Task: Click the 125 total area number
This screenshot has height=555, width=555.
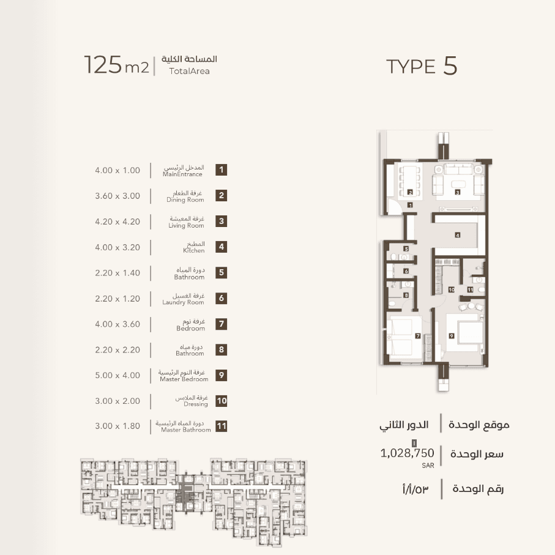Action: pos(103,65)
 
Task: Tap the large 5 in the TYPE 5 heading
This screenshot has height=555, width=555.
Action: pos(450,66)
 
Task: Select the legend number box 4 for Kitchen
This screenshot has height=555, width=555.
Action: pos(222,247)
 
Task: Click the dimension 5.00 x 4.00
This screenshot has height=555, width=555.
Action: pos(117,375)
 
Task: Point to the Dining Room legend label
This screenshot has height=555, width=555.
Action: pos(185,199)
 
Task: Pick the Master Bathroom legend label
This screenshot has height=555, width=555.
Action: pos(186,430)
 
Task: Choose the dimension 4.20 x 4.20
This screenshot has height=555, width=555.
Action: pos(117,222)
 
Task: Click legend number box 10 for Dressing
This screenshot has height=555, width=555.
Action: pos(222,401)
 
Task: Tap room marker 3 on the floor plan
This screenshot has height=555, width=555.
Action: pos(457,192)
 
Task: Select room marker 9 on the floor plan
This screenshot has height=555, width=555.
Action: pos(452,335)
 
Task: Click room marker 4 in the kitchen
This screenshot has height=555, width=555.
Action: pos(457,235)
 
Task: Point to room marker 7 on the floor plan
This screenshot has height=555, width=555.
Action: pos(418,335)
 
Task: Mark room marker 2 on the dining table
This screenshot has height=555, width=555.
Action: pos(410,192)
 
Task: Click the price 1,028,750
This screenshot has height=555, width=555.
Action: pos(407,453)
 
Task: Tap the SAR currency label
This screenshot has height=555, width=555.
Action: pos(428,466)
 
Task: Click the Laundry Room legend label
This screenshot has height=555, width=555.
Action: pos(183,302)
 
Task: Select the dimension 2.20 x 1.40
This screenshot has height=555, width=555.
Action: pos(117,273)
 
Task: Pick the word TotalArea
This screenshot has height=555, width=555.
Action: pos(189,71)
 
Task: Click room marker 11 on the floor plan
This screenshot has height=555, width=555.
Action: pos(470,289)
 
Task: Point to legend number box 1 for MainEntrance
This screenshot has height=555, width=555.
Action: pos(222,170)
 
